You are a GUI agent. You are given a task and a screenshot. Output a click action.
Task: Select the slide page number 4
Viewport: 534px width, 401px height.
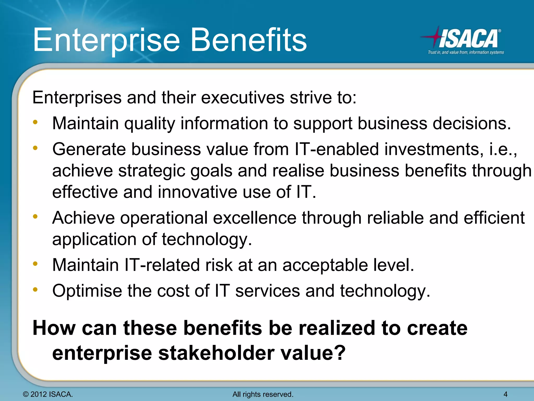(505, 394)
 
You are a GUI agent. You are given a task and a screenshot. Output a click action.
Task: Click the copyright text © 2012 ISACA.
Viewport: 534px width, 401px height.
(48, 394)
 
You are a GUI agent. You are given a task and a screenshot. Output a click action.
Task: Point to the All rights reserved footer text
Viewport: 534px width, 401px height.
(263, 394)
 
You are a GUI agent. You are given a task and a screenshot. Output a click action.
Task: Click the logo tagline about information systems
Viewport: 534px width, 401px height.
(466, 52)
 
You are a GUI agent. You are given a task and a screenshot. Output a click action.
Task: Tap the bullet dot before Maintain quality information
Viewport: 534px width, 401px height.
(35, 122)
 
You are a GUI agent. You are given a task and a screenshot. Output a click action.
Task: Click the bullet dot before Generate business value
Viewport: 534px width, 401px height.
(35, 148)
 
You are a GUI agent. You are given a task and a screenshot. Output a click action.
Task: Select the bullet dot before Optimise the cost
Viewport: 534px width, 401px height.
(35, 289)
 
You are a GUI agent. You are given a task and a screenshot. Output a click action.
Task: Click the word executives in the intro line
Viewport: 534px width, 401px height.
(242, 98)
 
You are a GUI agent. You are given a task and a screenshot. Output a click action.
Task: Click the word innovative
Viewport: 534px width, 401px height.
(197, 192)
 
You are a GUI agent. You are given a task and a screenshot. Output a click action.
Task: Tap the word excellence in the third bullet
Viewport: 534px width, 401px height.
(254, 218)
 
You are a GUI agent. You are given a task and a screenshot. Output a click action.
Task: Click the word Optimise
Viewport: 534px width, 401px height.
(87, 291)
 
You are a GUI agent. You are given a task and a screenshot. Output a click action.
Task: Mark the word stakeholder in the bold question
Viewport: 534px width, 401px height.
(216, 353)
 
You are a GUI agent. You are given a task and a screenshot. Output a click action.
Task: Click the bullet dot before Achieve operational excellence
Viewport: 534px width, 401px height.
(35, 216)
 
